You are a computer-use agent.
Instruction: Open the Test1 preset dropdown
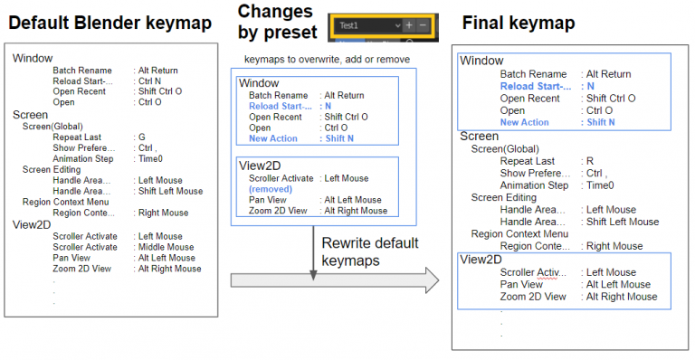click(366, 26)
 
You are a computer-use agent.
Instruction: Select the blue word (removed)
click(271, 189)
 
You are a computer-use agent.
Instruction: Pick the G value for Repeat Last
click(141, 137)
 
